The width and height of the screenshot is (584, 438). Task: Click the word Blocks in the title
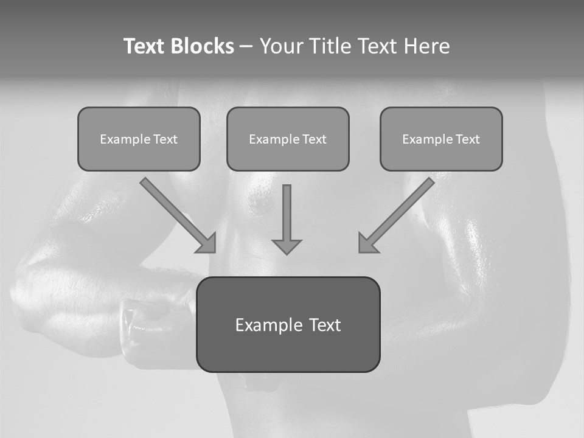point(202,46)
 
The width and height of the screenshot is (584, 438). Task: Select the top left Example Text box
point(139,139)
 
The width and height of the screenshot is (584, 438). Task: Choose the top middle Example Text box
point(288,139)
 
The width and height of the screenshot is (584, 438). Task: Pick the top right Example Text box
point(441,139)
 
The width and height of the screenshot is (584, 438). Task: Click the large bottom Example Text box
point(288,324)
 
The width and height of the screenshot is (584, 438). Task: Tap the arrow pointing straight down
point(287,213)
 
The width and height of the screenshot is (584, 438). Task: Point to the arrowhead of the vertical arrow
point(287,246)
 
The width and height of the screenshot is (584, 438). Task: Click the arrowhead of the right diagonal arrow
point(367,243)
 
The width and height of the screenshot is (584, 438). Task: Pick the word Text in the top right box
point(468,139)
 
